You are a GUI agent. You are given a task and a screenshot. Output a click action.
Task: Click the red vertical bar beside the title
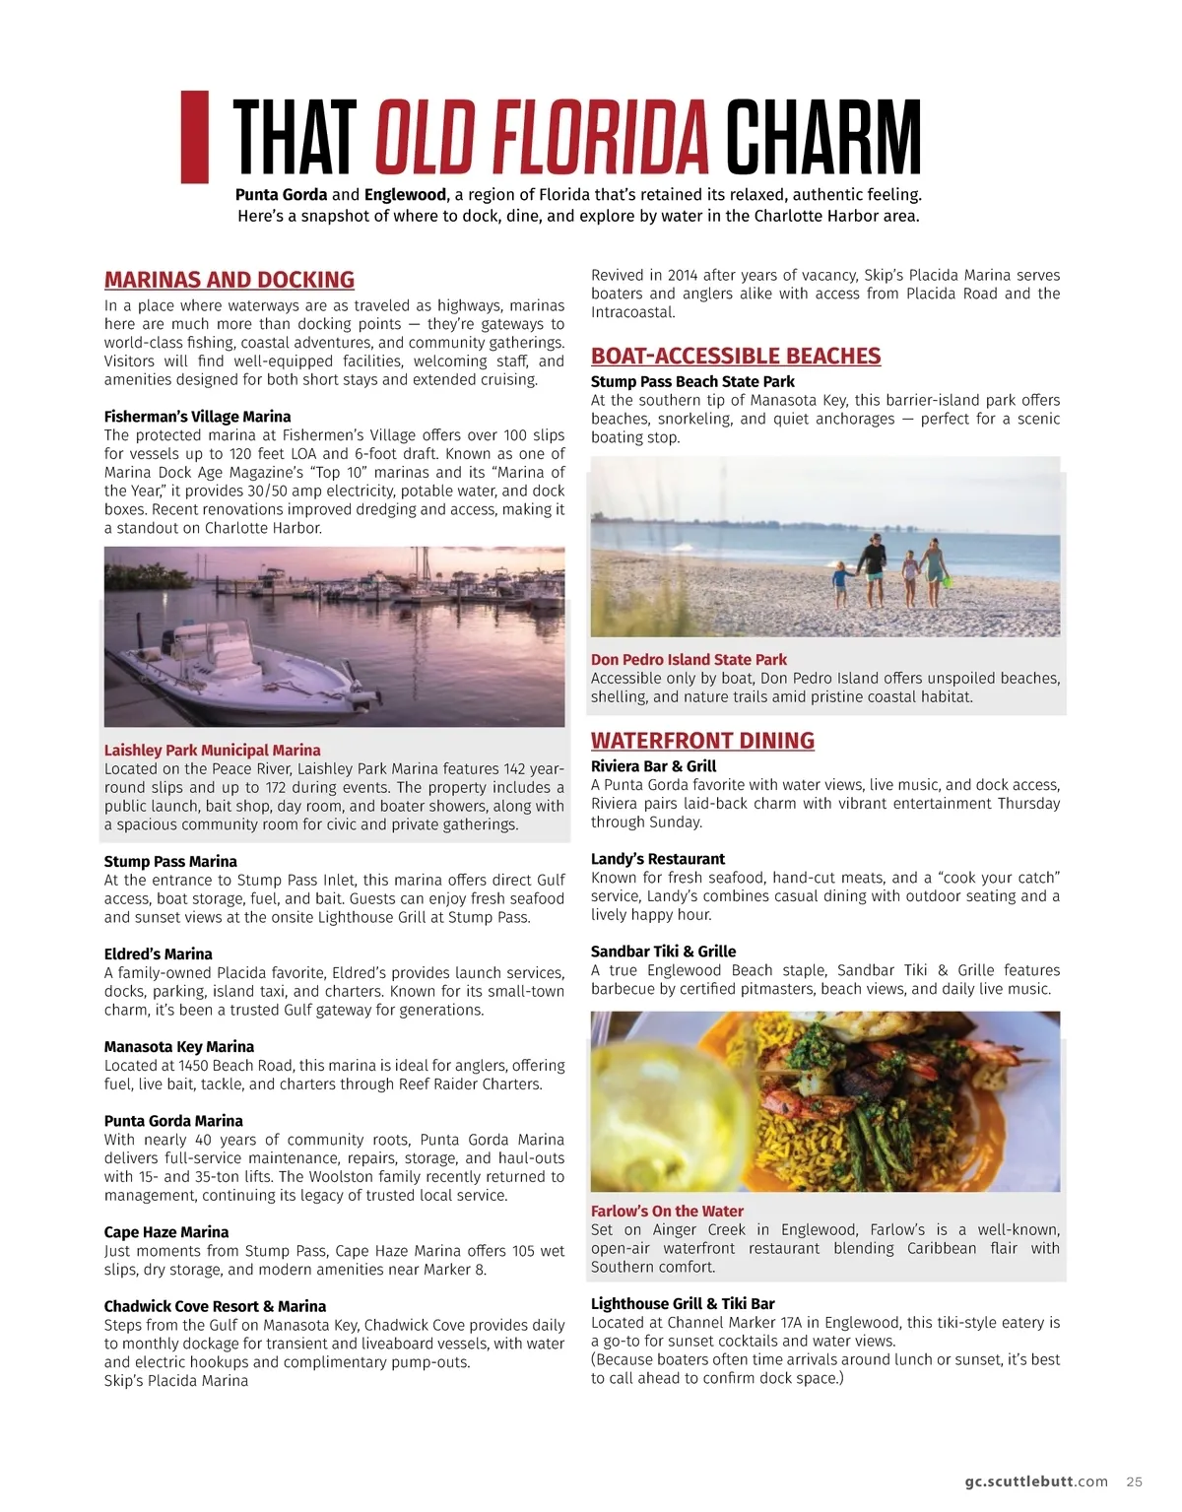[x=195, y=137]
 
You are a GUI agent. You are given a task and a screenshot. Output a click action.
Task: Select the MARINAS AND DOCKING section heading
[x=230, y=280]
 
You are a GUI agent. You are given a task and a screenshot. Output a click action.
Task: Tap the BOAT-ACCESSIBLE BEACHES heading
[x=736, y=356]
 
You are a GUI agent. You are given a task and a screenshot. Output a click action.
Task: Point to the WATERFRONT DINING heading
[x=702, y=741]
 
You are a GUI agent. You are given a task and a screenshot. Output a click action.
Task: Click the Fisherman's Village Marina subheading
[x=197, y=417]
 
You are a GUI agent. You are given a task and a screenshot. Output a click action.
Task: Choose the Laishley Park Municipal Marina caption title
[x=212, y=751]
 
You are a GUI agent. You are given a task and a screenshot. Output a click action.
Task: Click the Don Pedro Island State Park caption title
[x=689, y=660]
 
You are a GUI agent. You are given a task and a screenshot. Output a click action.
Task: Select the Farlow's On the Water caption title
[x=667, y=1212]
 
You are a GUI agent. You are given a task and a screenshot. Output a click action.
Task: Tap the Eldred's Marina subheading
[x=158, y=954]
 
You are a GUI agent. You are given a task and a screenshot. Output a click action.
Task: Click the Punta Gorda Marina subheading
[x=173, y=1121]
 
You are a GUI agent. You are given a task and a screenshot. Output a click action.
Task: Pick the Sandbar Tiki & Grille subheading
[x=663, y=952]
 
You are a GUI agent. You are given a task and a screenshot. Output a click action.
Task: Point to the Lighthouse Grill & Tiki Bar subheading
[x=683, y=1304]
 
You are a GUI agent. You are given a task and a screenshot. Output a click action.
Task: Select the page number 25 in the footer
[x=1135, y=1481]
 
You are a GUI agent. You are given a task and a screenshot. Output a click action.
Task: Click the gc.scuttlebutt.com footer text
[x=1036, y=1481]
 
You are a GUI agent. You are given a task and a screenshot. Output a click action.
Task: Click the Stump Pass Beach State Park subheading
[x=692, y=382]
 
